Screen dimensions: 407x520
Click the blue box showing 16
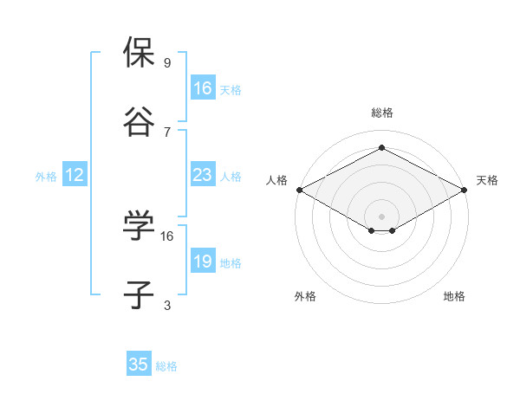pyautogui.click(x=203, y=88)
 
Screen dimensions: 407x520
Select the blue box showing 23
pyautogui.click(x=203, y=175)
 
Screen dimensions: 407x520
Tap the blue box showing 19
pyautogui.click(x=203, y=262)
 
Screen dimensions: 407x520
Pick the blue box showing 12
pyautogui.click(x=75, y=175)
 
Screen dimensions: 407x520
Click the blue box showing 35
pyautogui.click(x=139, y=365)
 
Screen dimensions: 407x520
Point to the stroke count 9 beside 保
pyautogui.click(x=167, y=63)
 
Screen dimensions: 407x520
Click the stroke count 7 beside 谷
pyautogui.click(x=167, y=132)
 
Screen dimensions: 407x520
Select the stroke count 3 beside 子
pyautogui.click(x=167, y=306)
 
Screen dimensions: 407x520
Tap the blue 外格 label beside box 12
pyautogui.click(x=46, y=176)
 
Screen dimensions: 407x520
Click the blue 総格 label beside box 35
pyautogui.click(x=166, y=366)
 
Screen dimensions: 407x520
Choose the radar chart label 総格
pyautogui.click(x=381, y=113)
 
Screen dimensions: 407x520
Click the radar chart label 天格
pyautogui.click(x=487, y=180)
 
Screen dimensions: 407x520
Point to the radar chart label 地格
pyautogui.click(x=454, y=296)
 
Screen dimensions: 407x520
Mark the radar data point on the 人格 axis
pyautogui.click(x=298, y=190)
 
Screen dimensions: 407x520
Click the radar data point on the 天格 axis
pyautogui.click(x=465, y=190)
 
